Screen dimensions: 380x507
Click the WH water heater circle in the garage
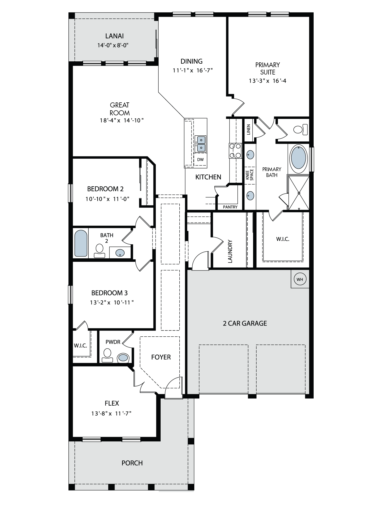pos(300,279)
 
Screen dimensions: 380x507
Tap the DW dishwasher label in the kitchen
pos(200,160)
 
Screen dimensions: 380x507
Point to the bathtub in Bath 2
pos(81,244)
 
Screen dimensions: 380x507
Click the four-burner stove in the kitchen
pos(235,151)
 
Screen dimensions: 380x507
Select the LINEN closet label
pos(249,129)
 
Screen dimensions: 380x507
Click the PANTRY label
pos(230,207)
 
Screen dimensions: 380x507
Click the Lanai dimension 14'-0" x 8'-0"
pos(113,45)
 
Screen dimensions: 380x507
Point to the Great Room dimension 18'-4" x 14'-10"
pos(122,120)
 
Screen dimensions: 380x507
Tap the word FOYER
pos(161,357)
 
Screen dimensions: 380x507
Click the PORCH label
pos(132,463)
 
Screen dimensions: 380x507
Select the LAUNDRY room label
pos(230,251)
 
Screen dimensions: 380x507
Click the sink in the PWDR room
pos(123,358)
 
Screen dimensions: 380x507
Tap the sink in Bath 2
pos(120,253)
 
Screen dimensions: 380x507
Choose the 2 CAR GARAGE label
pos(245,323)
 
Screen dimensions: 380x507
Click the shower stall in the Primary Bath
pos(299,193)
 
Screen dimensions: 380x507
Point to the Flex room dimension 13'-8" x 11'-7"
pos(111,414)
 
